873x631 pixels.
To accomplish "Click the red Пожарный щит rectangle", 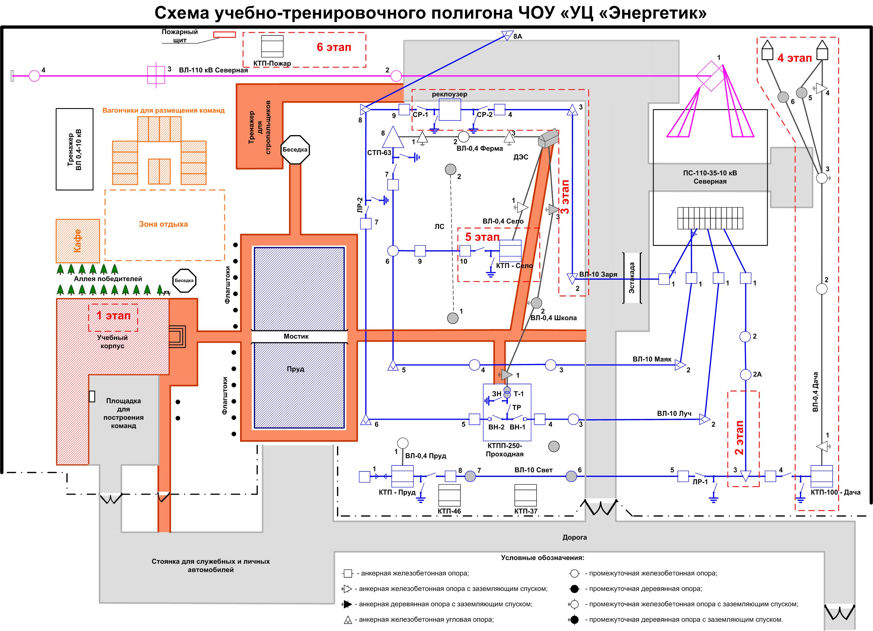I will tap(224, 34).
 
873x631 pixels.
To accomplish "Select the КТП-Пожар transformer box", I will tap(272, 46).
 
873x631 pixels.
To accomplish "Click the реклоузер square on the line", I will tap(450, 110).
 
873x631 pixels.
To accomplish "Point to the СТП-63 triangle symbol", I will tap(393, 138).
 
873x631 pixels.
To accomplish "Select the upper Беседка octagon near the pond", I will tap(295, 149).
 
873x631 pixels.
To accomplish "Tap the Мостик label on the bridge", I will tap(296, 336).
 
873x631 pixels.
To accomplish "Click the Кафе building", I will tap(78, 241).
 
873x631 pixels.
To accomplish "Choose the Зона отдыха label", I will tap(163, 224).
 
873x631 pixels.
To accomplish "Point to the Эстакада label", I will tap(632, 278).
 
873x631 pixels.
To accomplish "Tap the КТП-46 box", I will tap(449, 495).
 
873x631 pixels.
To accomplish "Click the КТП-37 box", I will tap(525, 495).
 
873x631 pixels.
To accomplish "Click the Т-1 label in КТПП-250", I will tap(518, 394).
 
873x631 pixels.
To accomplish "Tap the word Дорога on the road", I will tap(574, 537).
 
